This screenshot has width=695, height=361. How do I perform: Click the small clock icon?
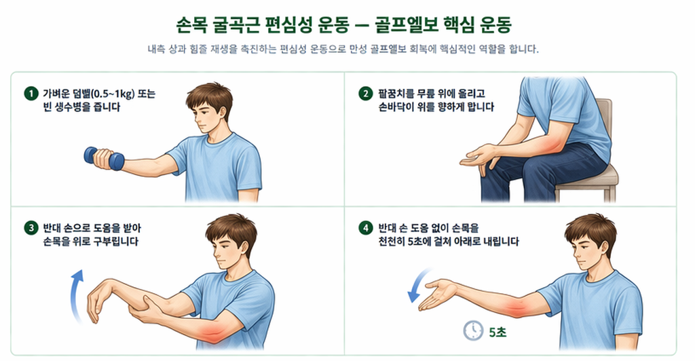[x=472, y=330]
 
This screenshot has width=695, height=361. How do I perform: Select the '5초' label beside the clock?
[x=496, y=331]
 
